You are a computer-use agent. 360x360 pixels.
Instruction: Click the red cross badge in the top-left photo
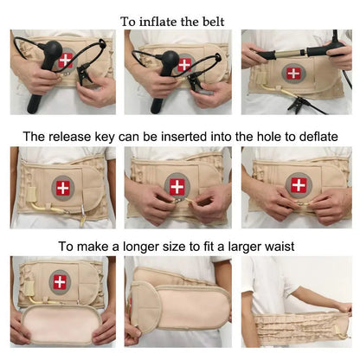[66, 60]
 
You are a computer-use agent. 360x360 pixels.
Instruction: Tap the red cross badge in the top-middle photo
[184, 63]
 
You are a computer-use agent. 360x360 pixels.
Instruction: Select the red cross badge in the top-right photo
[293, 72]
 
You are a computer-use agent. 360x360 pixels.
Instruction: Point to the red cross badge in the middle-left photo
[65, 187]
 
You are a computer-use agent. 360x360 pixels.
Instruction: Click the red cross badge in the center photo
[177, 185]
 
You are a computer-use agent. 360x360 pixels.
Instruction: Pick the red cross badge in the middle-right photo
[299, 184]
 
